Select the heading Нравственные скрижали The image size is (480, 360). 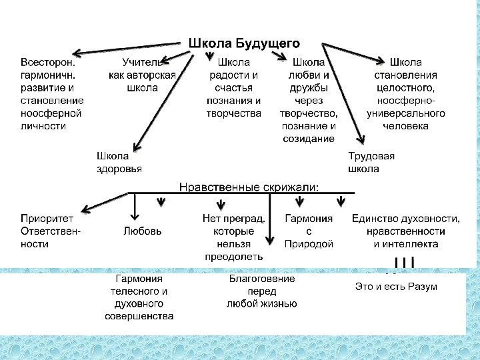pos(249,185)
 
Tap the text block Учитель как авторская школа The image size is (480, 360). pos(142,75)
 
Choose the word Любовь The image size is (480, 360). pos(142,231)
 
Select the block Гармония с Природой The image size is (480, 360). pos(309,231)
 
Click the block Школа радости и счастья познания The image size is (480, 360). pos(234,87)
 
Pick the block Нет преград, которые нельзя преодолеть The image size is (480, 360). pos(234,237)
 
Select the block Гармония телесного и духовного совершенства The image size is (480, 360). pos(140,297)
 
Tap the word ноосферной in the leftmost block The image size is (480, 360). pos(51,113)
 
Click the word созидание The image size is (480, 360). pos(309,138)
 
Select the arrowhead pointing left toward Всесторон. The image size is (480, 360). pos(77,53)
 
